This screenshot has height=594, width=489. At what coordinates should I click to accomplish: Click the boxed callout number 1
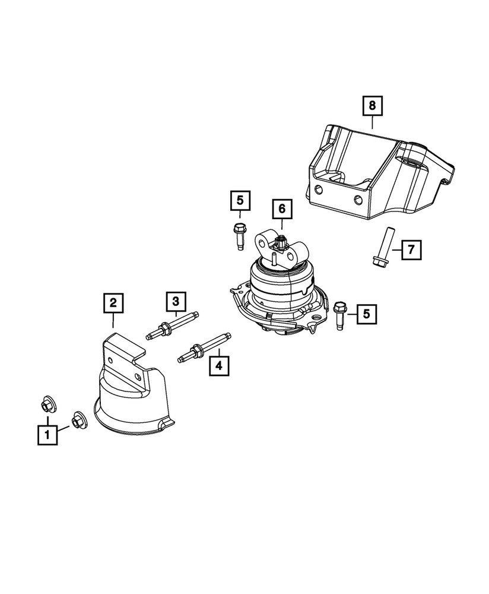(47, 435)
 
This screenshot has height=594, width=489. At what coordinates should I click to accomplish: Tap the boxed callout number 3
(176, 302)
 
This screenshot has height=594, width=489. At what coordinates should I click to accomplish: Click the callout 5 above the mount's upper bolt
(240, 201)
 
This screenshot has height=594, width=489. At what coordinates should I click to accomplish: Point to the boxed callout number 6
(281, 208)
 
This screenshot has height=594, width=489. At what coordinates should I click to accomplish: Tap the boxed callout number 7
(411, 249)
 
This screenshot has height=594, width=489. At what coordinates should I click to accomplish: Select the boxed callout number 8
(372, 106)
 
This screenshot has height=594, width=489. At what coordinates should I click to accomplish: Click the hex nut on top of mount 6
(281, 242)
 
